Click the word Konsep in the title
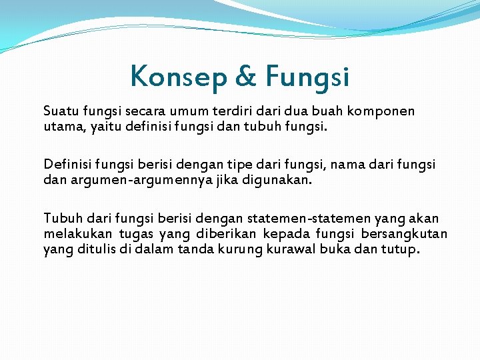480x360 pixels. (178, 77)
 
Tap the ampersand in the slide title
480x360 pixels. (245, 77)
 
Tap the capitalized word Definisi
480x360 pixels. (67, 164)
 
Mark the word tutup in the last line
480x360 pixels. (400, 249)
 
